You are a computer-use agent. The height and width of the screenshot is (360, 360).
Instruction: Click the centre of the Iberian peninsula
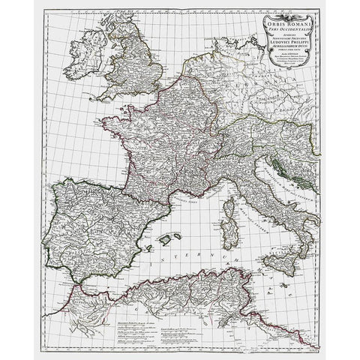coord(90,229)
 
